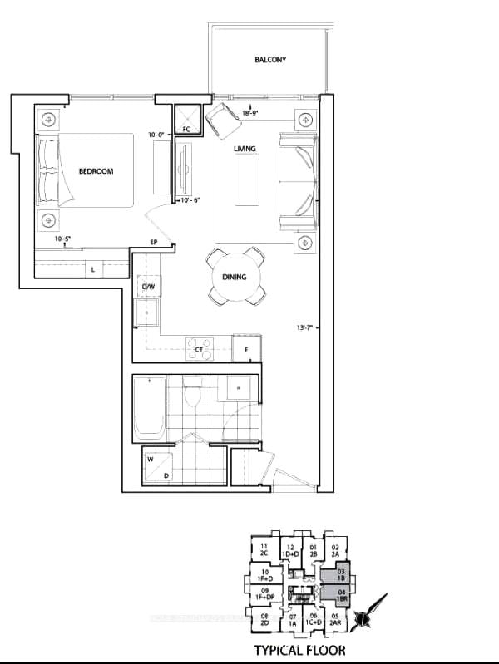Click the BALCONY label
click(x=271, y=60)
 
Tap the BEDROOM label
click(x=96, y=172)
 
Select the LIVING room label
click(x=245, y=149)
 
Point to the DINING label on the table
click(x=234, y=277)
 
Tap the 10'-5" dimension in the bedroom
click(x=62, y=239)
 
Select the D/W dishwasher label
click(x=149, y=288)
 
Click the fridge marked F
click(x=247, y=349)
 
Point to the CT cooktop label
click(x=200, y=350)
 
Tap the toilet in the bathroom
click(x=194, y=391)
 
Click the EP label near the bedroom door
click(x=153, y=243)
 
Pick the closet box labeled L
click(x=92, y=269)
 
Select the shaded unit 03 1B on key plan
click(x=340, y=575)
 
